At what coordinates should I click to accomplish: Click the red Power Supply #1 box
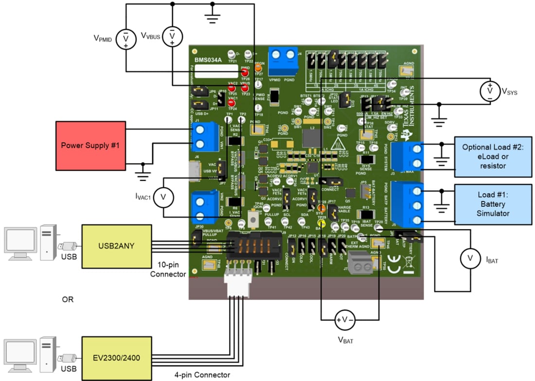pyautogui.click(x=90, y=145)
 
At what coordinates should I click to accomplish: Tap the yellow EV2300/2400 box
pyautogui.click(x=117, y=358)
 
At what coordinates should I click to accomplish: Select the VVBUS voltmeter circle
pyautogui.click(x=172, y=36)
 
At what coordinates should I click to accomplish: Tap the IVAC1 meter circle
pyautogui.click(x=163, y=197)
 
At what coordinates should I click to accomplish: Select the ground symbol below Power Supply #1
pyautogui.click(x=143, y=173)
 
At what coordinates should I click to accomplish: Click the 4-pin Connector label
pyautogui.click(x=202, y=375)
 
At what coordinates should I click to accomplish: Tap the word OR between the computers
pyautogui.click(x=68, y=299)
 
